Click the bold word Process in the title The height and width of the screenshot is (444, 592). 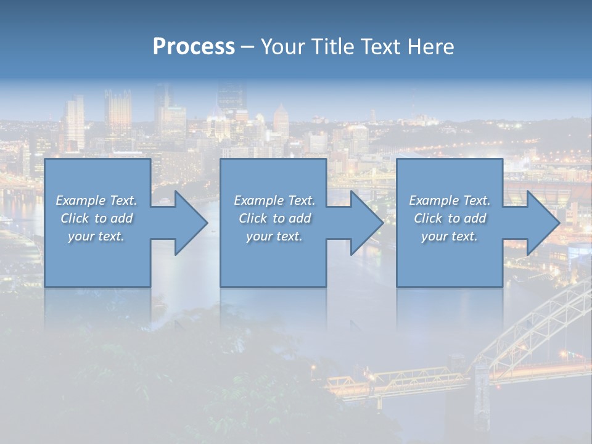pyautogui.click(x=194, y=47)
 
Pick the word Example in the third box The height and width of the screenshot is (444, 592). pyautogui.click(x=434, y=200)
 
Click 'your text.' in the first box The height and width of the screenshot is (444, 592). pyautogui.click(x=96, y=236)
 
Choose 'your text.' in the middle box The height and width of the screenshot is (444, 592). pyautogui.click(x=274, y=236)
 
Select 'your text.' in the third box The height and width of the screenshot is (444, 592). pyautogui.click(x=449, y=236)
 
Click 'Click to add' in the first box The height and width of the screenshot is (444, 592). pyautogui.click(x=96, y=218)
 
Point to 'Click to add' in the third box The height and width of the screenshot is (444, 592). pyautogui.click(x=450, y=218)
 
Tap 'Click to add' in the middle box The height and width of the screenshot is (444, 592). pyautogui.click(x=274, y=218)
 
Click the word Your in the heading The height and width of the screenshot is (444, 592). pyautogui.click(x=282, y=47)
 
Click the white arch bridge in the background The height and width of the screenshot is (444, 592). pyautogui.click(x=543, y=321)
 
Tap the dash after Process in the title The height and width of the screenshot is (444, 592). pyautogui.click(x=248, y=47)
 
